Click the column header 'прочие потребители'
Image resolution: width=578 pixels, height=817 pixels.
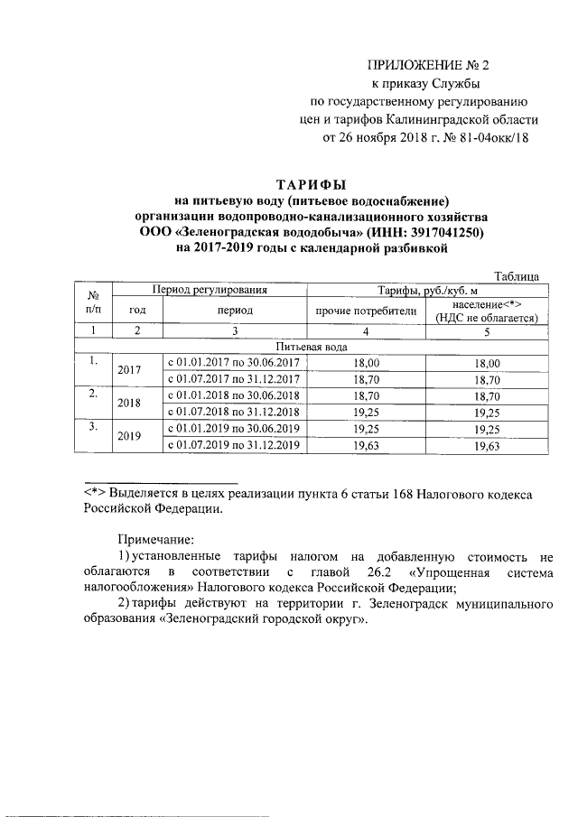(x=366, y=311)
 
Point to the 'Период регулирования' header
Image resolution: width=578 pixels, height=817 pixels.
(x=210, y=291)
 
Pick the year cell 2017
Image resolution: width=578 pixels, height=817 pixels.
(x=131, y=371)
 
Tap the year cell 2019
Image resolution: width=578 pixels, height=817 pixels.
(x=131, y=436)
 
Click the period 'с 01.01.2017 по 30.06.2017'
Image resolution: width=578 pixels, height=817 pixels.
(x=233, y=363)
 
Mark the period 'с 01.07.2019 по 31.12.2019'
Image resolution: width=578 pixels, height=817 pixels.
(x=233, y=445)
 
